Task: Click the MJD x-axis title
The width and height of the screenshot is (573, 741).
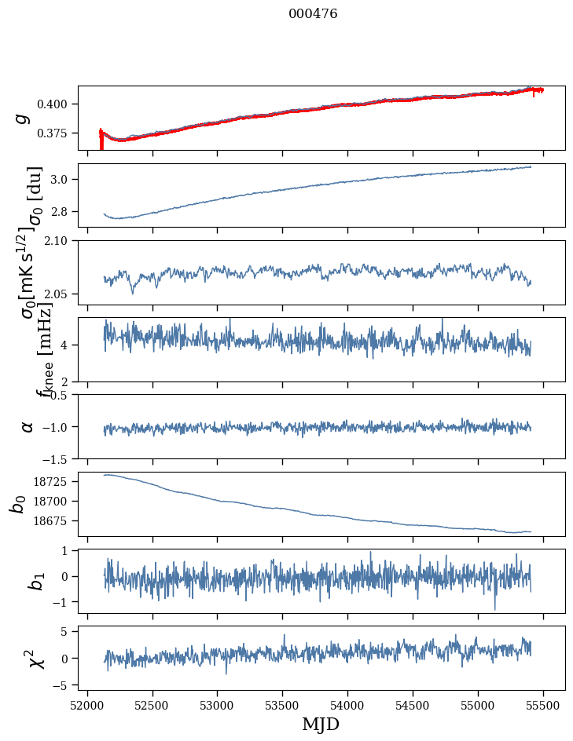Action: point(321,724)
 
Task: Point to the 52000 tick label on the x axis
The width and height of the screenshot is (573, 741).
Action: point(87,705)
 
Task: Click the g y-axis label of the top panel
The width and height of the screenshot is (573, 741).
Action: point(23,118)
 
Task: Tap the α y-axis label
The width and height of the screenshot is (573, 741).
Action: point(28,426)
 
